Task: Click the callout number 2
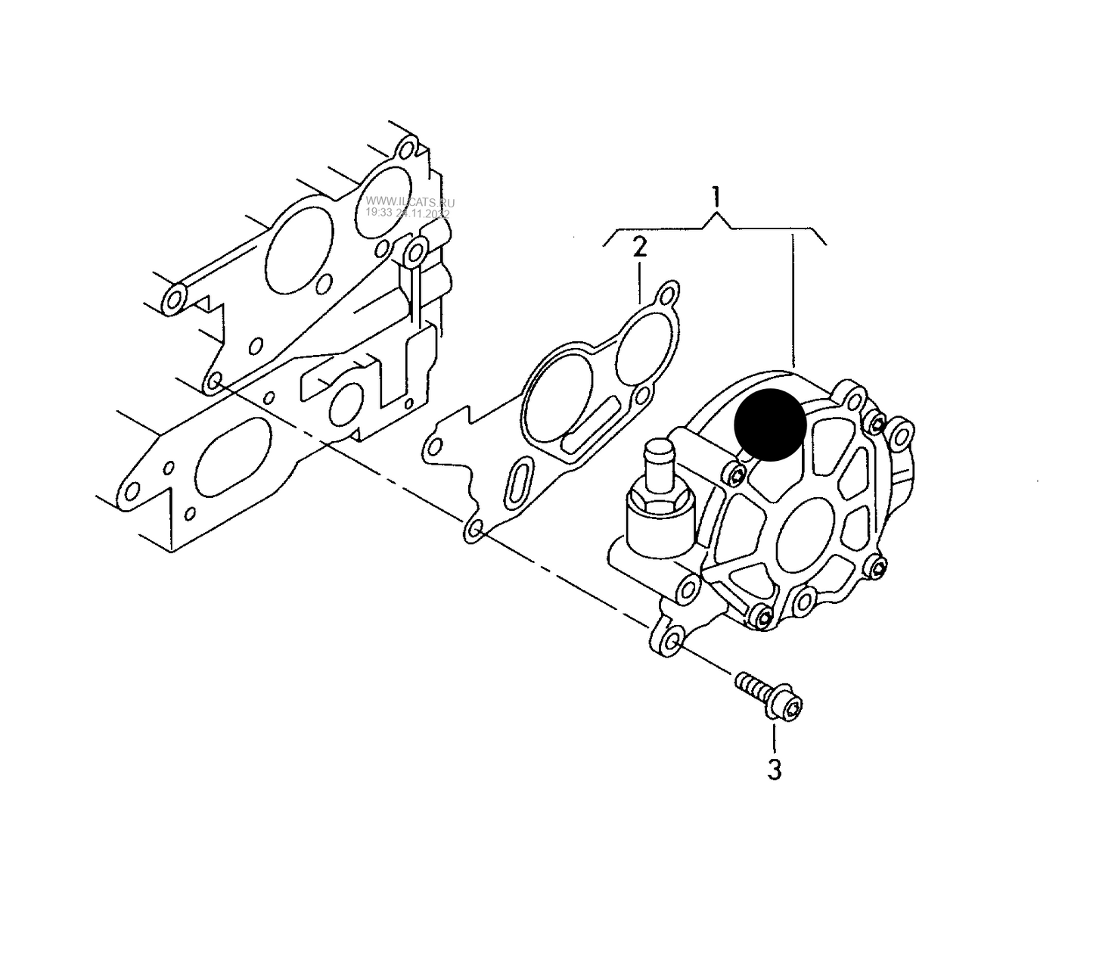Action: pyautogui.click(x=640, y=247)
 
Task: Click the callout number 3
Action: pyautogui.click(x=774, y=770)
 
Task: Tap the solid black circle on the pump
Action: pyautogui.click(x=770, y=424)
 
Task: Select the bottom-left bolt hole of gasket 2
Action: pyautogui.click(x=475, y=531)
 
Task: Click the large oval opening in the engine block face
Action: pyautogui.click(x=232, y=456)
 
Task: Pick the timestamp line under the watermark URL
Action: pyautogui.click(x=408, y=214)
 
